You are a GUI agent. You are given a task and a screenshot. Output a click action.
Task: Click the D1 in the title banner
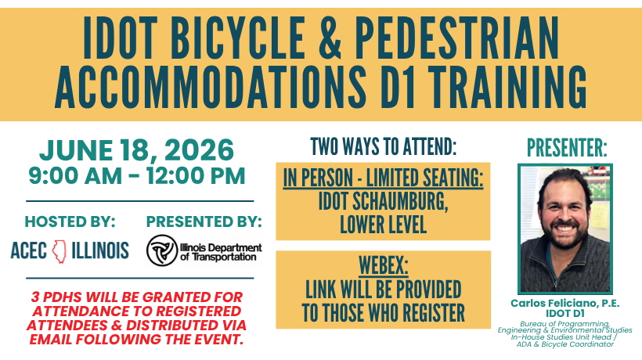tap(396, 87)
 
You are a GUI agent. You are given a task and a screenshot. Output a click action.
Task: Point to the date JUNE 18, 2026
tap(136, 149)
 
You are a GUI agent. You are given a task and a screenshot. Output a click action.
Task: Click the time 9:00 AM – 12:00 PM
tap(137, 176)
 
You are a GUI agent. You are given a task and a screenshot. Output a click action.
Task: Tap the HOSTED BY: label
tap(70, 221)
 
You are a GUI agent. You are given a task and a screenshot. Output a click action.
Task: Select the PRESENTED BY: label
tap(204, 221)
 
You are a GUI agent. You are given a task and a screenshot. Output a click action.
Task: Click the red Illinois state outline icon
tap(59, 251)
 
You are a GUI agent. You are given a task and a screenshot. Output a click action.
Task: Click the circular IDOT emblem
tap(162, 250)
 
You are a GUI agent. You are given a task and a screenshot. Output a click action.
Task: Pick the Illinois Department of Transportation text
tap(221, 252)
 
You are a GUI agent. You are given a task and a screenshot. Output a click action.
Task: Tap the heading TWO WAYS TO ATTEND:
tap(383, 146)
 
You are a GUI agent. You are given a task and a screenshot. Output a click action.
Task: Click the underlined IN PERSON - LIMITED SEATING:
tap(383, 178)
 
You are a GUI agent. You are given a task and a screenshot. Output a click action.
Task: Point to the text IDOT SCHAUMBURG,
tap(383, 201)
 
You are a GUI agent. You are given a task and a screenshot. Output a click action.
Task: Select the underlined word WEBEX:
tap(383, 265)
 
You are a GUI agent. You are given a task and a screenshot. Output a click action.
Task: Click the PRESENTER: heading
tap(567, 148)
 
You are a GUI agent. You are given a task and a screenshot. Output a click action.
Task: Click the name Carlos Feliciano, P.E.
tap(565, 303)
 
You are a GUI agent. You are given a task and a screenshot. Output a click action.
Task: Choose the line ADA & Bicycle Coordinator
tap(565, 344)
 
